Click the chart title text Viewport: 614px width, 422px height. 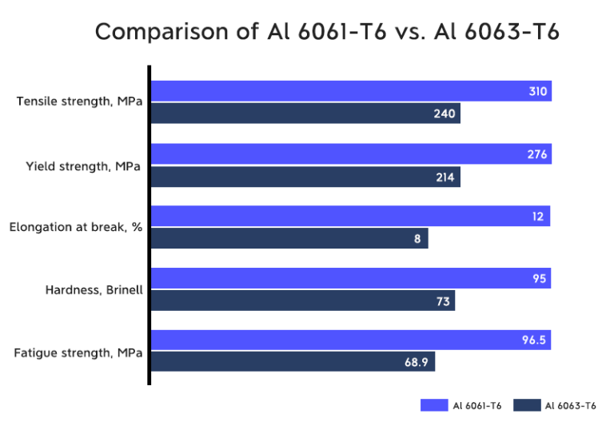(x=327, y=31)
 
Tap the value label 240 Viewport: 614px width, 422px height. (x=445, y=113)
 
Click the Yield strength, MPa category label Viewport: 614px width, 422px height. (x=83, y=166)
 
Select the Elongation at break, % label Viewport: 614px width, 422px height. (x=76, y=228)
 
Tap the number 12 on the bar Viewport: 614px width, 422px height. (x=540, y=217)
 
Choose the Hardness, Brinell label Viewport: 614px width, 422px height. (x=94, y=289)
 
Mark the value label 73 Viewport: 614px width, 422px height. (x=443, y=301)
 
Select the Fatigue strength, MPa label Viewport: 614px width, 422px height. (x=79, y=352)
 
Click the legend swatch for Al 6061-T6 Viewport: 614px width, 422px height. (x=434, y=405)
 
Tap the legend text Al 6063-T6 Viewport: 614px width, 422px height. (x=571, y=405)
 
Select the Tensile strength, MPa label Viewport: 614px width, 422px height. (x=79, y=102)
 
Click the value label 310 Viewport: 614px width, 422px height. (x=537, y=92)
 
